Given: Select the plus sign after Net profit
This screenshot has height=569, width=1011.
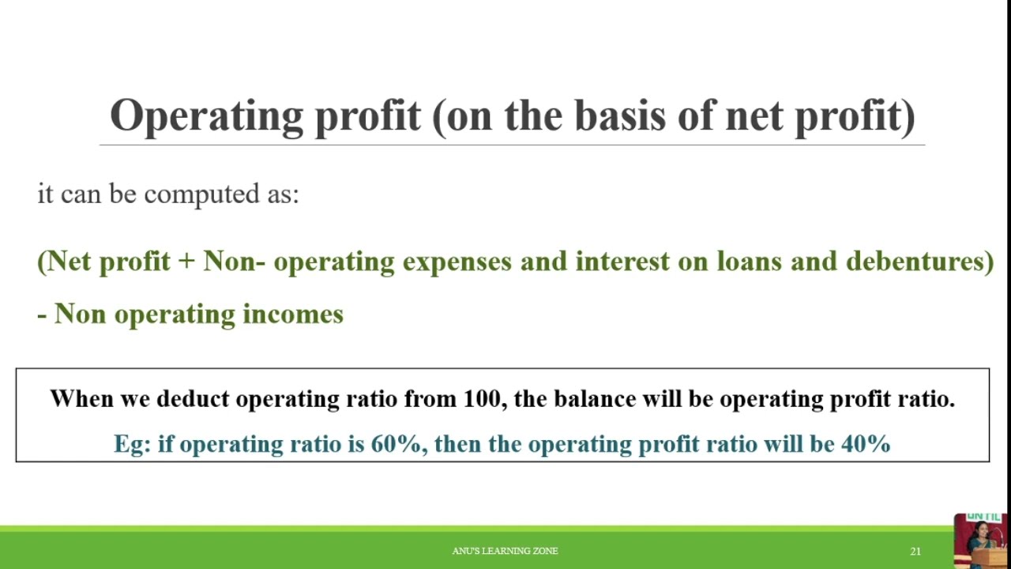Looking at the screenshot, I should [186, 262].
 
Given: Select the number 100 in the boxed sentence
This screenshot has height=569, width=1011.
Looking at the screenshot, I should [481, 399].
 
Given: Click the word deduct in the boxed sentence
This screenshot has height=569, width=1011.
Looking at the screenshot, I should [193, 399].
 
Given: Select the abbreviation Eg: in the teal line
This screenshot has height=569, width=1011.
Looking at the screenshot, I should [132, 444].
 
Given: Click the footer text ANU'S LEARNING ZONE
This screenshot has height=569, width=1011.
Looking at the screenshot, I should [505, 551].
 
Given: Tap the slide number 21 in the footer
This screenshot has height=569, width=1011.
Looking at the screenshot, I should [915, 551].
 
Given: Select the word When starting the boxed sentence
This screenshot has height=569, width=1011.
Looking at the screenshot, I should [81, 399].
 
